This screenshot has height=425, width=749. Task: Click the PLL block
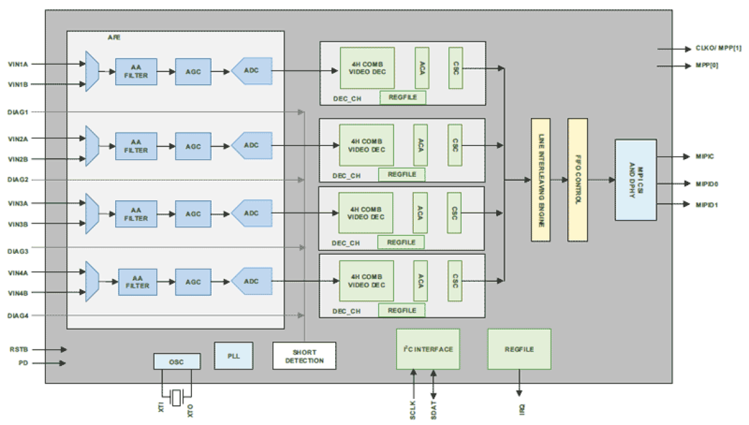point(233,355)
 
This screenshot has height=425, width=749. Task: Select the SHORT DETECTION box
point(304,356)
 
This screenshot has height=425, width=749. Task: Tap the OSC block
point(177,361)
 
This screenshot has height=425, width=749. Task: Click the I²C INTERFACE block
point(428,349)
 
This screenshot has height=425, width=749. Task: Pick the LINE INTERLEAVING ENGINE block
point(540,179)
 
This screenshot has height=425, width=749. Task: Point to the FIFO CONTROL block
point(577,179)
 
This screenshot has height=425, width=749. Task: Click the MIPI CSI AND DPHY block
point(635,180)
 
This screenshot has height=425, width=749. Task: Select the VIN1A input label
point(18,64)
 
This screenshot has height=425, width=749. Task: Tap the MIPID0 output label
point(706,184)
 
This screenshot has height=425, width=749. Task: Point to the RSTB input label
point(18,349)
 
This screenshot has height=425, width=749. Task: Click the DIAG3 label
point(18,252)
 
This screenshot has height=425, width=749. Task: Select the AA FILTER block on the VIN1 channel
point(136,72)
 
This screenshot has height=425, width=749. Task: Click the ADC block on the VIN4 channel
point(251,281)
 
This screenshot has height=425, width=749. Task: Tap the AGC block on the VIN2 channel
point(193,146)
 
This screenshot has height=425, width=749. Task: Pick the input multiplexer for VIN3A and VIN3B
point(92,213)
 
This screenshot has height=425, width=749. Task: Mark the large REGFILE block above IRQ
point(519,349)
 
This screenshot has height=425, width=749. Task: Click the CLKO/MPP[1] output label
point(718,49)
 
